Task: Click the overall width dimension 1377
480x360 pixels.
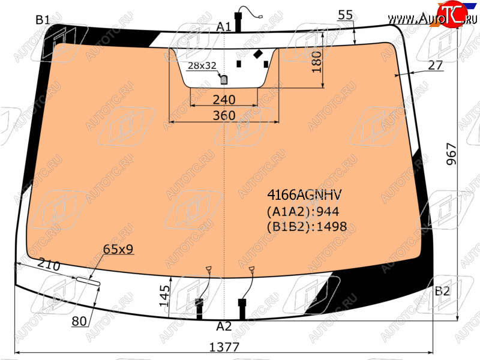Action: coord(224,347)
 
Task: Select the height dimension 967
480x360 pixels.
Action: coord(451,154)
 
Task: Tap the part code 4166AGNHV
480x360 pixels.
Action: coord(304,194)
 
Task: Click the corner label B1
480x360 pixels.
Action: coord(43,20)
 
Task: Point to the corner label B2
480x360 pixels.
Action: coord(442,291)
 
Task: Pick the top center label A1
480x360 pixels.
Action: coord(224,27)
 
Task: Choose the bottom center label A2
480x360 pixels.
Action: coord(224,326)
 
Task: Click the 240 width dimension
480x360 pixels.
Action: coord(224,100)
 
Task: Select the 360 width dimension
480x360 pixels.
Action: coord(224,115)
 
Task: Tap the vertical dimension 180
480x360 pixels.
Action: coord(317,62)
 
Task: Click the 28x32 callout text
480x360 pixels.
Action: coord(202,65)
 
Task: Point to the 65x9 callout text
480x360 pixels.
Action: coord(118,249)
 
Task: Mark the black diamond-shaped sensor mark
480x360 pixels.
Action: coord(258,54)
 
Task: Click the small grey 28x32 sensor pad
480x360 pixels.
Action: coord(224,80)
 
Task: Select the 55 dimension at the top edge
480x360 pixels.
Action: coord(346,14)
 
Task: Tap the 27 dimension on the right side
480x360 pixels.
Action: coord(436,65)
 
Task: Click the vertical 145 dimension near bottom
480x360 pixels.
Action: coord(164,296)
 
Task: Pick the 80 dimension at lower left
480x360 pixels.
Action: coord(79,321)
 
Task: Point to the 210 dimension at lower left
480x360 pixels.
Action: coord(49,265)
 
